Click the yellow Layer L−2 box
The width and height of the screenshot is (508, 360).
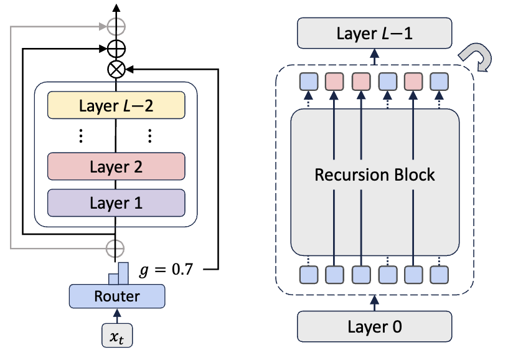[x=116, y=106]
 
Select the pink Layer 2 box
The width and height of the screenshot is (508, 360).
[x=116, y=166]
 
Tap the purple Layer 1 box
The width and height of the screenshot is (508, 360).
[x=116, y=202]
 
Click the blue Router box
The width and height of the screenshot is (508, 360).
[x=116, y=296]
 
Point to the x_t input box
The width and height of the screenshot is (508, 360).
[x=116, y=336]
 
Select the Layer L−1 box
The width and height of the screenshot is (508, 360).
[x=374, y=33]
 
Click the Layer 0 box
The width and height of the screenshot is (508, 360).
[x=374, y=324]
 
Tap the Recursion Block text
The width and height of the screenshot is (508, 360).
[x=374, y=174]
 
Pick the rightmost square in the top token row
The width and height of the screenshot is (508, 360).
[x=440, y=82]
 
